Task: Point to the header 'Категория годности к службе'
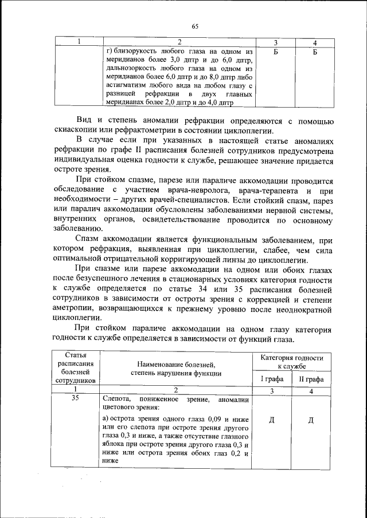(x=291, y=361)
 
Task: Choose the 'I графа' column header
(x=271, y=379)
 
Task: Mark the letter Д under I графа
(x=271, y=421)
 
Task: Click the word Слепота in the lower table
(x=118, y=400)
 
